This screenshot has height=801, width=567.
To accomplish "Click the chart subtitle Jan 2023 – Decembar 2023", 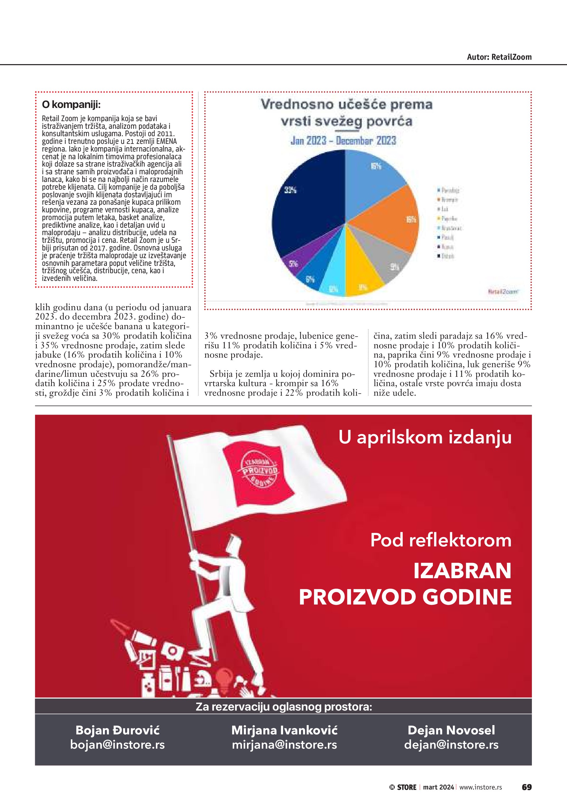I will (x=343, y=141).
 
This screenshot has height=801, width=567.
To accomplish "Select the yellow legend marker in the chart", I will (x=439, y=218).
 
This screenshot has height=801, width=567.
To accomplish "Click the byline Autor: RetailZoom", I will (x=499, y=57).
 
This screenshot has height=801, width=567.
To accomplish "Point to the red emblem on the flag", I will (x=260, y=471).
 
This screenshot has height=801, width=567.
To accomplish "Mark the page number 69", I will (x=526, y=787).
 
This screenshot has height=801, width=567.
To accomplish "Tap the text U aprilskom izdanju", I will (x=425, y=437).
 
